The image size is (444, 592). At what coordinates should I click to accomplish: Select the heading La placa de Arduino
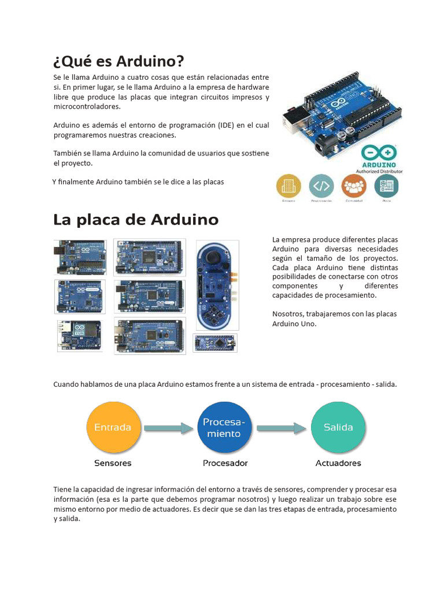[x=136, y=220]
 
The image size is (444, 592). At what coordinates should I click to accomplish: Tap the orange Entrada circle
[x=113, y=428]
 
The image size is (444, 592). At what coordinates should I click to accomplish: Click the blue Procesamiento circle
[x=224, y=428]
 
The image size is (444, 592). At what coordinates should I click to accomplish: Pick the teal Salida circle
[x=338, y=428]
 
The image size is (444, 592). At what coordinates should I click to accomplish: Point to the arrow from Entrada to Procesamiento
[x=168, y=428]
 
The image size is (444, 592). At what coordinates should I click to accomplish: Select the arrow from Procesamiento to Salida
[x=281, y=428]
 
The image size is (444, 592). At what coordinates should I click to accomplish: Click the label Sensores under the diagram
[x=113, y=463]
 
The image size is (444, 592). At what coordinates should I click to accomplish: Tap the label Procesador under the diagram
[x=225, y=463]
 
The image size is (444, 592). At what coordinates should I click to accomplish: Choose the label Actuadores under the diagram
[x=338, y=463]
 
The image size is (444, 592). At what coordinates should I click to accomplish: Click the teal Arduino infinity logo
[x=379, y=152]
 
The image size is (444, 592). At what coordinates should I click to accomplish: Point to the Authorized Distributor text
[x=379, y=171]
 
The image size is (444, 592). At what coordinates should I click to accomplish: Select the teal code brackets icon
[x=321, y=186]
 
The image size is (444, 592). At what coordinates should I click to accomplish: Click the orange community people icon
[x=354, y=186]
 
